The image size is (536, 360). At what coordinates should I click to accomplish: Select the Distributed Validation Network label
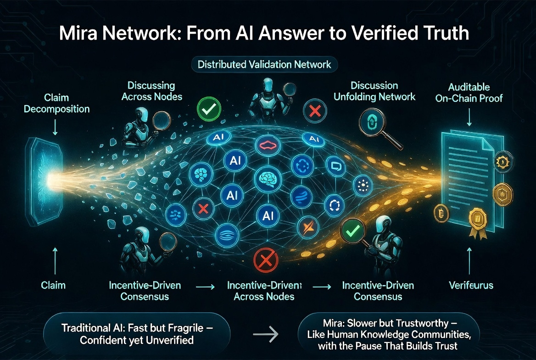(x=264, y=64)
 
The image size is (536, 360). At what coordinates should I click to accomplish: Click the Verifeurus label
(x=471, y=285)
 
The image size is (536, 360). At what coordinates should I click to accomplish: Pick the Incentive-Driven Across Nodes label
(x=264, y=291)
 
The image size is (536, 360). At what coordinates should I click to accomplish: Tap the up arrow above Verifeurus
(x=469, y=258)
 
